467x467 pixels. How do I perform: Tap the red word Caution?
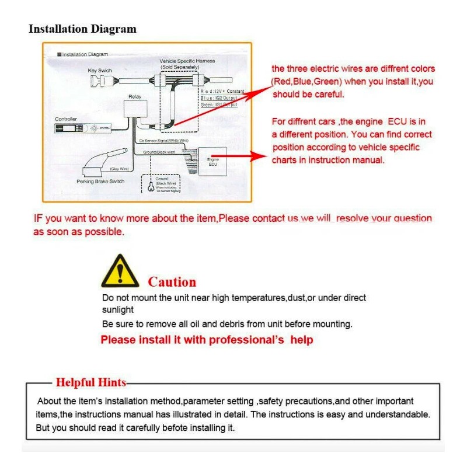click(172, 283)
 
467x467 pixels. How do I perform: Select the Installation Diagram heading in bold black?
click(82, 29)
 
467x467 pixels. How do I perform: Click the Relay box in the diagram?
click(134, 109)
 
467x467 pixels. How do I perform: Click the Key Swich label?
click(100, 71)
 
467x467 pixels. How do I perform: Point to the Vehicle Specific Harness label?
click(187, 61)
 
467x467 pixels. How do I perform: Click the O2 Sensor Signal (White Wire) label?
click(164, 141)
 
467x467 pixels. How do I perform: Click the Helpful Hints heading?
click(90, 383)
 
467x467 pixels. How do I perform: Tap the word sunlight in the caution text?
click(118, 310)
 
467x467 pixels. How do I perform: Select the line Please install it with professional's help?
click(207, 340)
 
